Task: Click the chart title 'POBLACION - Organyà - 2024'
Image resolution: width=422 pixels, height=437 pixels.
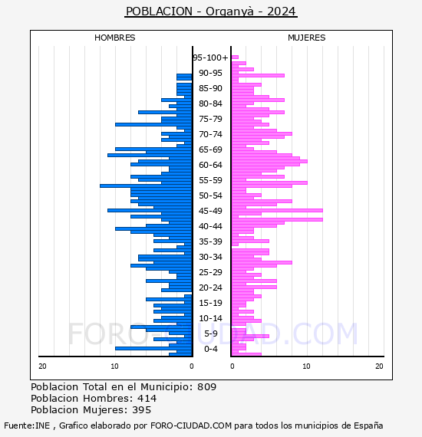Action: tap(211, 11)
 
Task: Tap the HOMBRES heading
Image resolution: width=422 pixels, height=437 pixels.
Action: tap(114, 38)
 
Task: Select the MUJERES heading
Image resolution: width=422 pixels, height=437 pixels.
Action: tap(307, 38)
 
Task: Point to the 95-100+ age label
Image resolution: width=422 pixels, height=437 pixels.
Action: tap(210, 58)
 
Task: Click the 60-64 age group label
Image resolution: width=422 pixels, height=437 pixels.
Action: tap(210, 165)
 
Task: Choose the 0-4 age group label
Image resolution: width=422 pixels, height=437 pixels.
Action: tap(210, 349)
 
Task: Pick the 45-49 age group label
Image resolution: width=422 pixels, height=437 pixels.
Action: tap(210, 211)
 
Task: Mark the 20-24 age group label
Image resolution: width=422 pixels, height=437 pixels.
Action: tap(210, 287)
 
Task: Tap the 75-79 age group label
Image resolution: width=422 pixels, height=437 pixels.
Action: tap(210, 119)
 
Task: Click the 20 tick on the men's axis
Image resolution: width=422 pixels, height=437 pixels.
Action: tap(42, 366)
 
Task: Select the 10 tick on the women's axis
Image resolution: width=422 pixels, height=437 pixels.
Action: tap(306, 366)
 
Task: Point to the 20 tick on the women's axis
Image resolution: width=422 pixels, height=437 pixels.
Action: tap(379, 366)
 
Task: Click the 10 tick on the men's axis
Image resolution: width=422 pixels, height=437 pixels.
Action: tap(114, 366)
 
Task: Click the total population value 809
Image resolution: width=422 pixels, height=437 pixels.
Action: tap(206, 387)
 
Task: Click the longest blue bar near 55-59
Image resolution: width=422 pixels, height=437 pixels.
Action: tap(146, 186)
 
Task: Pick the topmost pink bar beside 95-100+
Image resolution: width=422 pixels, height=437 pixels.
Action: tap(235, 58)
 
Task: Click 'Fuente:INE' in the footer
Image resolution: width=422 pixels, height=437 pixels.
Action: tap(27, 426)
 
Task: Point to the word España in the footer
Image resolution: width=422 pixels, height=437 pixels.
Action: tap(368, 426)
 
